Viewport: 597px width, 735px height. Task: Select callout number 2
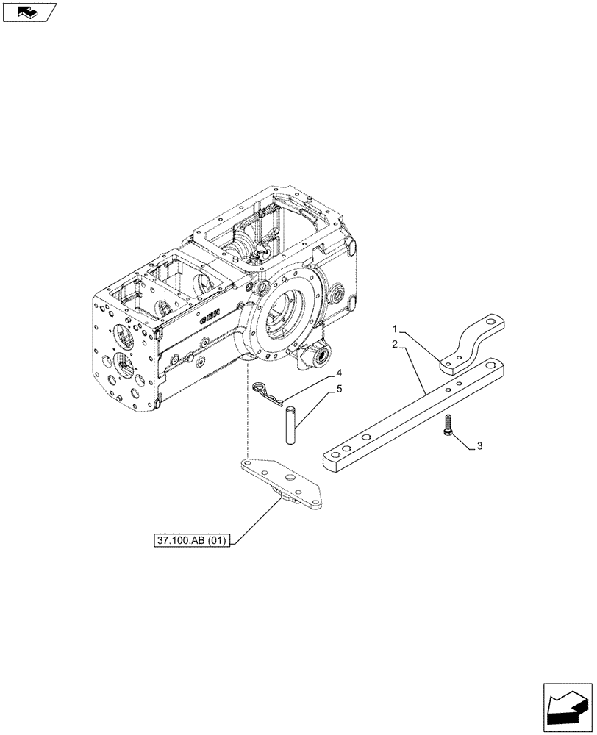(x=395, y=344)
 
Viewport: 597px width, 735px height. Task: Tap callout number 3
(x=479, y=446)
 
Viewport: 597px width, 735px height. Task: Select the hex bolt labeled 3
(x=448, y=426)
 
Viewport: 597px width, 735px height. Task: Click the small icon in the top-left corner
(x=28, y=11)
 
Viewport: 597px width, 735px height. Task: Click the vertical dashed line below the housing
(x=249, y=412)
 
